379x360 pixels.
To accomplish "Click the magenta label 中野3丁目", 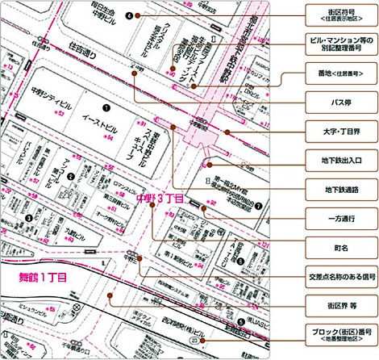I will [160, 196].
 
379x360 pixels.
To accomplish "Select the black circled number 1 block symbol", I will [105, 106].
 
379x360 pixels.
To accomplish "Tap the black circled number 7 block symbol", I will [258, 205].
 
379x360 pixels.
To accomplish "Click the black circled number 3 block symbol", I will [29, 216].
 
